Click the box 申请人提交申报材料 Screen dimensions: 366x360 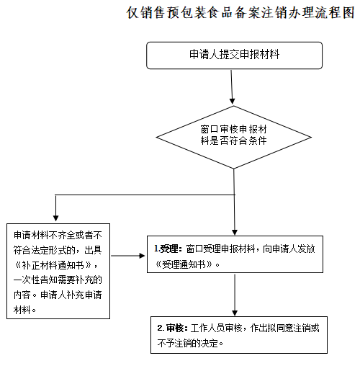tap(234, 54)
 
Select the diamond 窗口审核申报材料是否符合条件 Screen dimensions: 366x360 tap(234, 135)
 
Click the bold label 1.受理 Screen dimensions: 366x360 tap(168, 249)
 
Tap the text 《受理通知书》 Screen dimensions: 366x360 tap(184, 264)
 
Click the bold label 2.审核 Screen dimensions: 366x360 tap(171, 328)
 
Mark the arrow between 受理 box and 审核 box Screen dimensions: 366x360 tap(235, 295)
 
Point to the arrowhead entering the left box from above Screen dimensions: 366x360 tap(55, 218)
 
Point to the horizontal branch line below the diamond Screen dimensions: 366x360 tap(144, 195)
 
